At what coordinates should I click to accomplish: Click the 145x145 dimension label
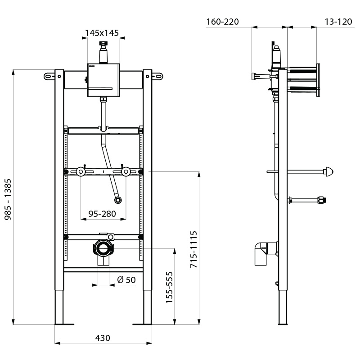tap(102, 32)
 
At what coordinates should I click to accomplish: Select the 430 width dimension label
tap(103, 338)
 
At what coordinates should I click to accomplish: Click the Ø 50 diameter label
tap(126, 280)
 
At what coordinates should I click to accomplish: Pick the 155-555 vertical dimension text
tap(169, 287)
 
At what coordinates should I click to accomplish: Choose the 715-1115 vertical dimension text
tap(193, 250)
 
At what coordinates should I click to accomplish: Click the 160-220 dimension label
tap(222, 22)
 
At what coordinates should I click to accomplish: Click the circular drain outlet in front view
tap(103, 247)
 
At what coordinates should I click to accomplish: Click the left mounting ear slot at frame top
tap(48, 76)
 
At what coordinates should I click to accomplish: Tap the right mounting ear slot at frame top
tap(158, 76)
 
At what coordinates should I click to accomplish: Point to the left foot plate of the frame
tap(63, 323)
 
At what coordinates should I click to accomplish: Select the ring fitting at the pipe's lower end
tap(117, 199)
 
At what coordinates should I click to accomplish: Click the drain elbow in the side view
tap(263, 253)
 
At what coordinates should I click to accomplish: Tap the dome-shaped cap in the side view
tap(329, 171)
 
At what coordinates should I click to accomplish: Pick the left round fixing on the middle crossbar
tap(81, 171)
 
